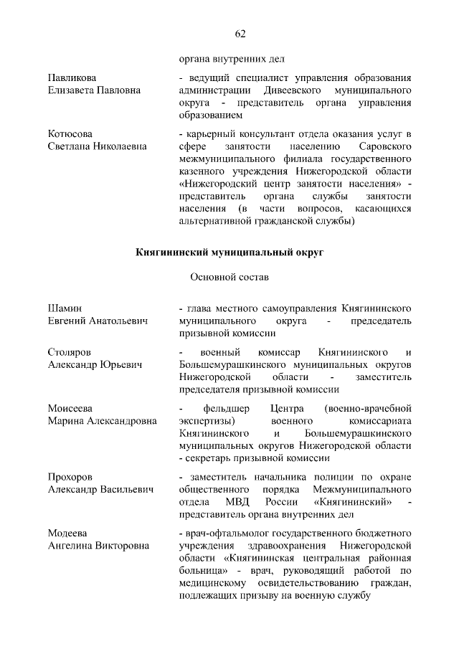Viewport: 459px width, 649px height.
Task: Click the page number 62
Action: (240, 34)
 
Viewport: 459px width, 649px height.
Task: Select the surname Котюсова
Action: (70, 133)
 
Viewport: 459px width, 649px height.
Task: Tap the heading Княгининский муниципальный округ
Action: (230, 252)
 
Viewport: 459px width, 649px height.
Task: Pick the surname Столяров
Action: (69, 352)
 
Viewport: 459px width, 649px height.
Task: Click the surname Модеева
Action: (67, 534)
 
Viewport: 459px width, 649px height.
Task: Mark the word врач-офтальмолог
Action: (221, 534)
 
